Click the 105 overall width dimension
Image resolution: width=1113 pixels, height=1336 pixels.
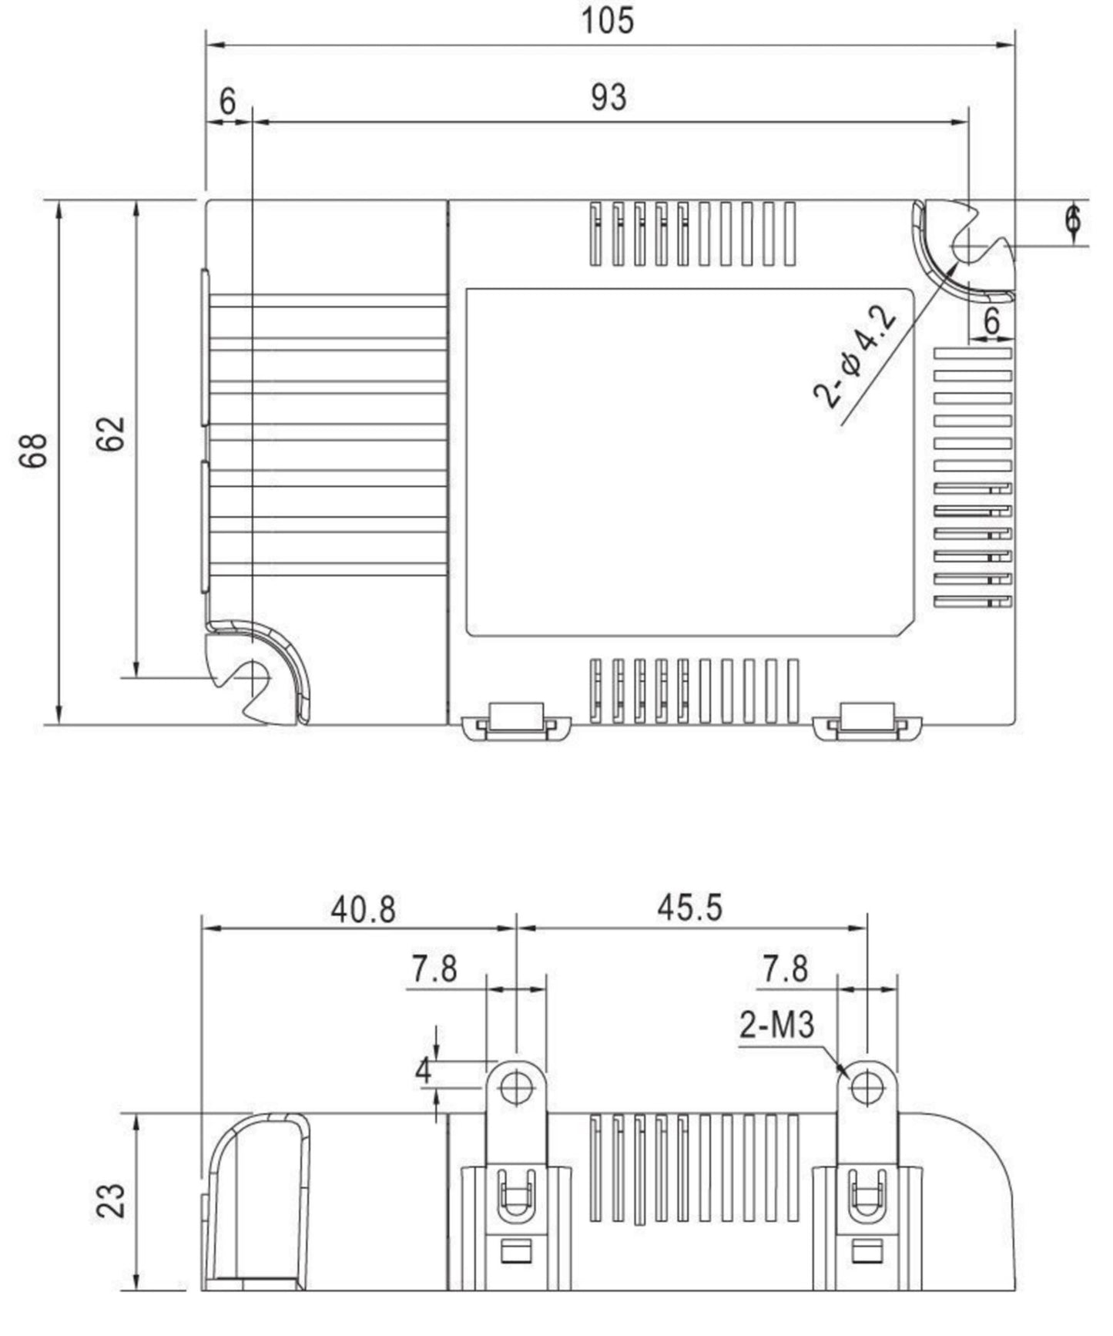coord(607,21)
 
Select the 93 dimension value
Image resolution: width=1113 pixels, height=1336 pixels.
coord(608,98)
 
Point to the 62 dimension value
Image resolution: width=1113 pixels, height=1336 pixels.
coord(111,434)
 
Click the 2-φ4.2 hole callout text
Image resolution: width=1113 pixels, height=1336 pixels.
coord(856,357)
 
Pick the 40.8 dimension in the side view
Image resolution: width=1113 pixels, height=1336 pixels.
coord(363,910)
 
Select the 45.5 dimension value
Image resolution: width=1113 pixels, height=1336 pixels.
coord(689,908)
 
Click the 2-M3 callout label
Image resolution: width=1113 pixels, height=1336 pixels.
coord(776,1025)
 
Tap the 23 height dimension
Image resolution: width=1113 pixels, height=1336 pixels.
coord(111,1200)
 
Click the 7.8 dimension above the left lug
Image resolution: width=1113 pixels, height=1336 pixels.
coord(434,969)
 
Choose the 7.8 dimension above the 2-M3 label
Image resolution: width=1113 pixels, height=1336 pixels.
coord(785,969)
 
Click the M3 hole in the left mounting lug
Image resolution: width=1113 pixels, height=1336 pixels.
coord(515,1087)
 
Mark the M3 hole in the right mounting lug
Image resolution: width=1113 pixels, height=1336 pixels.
coord(867,1087)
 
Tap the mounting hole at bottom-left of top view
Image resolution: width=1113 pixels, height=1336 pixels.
coord(253,677)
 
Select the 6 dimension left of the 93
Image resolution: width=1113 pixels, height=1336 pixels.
coord(227,101)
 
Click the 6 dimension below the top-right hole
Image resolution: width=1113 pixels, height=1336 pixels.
coord(991,321)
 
